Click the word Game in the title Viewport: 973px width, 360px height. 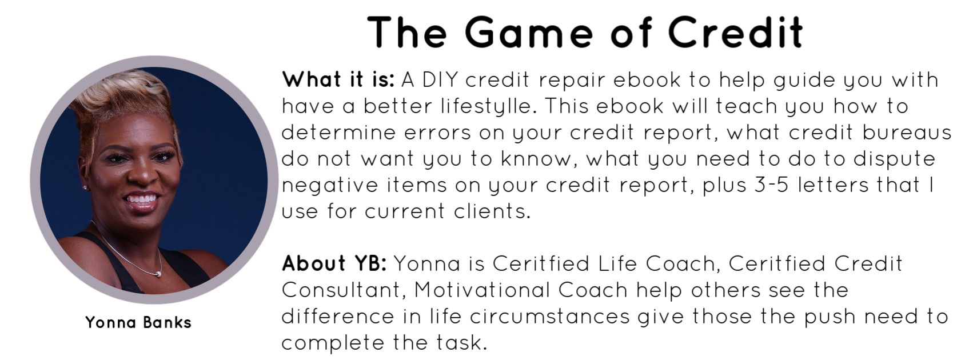coord(529,32)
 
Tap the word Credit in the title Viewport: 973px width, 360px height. coord(736,32)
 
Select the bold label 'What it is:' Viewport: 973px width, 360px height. coord(338,79)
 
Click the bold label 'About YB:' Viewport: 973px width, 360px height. coord(334,263)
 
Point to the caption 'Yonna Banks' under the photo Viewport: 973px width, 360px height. coord(138,322)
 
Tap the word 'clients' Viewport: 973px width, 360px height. coord(492,211)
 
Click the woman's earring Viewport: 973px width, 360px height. coord(85,187)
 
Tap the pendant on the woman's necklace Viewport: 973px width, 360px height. coord(158,274)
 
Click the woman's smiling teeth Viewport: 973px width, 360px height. coord(141,199)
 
